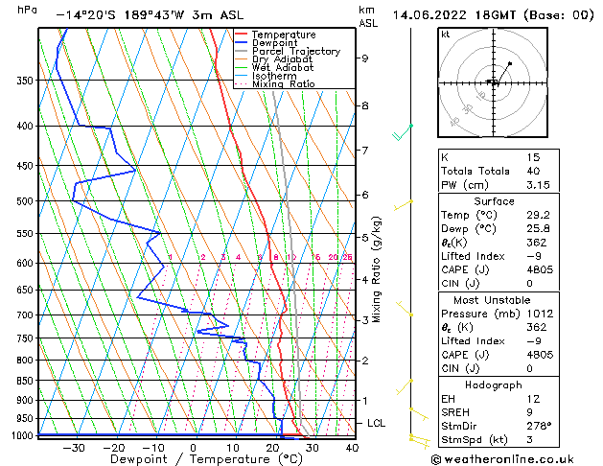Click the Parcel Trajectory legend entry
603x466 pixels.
tap(295, 51)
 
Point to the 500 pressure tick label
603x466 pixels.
tap(25, 201)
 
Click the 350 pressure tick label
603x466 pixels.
tap(25, 81)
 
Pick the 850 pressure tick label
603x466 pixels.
tap(25, 381)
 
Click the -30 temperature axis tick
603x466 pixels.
tap(74, 447)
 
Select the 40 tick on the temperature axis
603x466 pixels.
tap(352, 447)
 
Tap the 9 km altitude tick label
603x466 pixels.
tap(364, 58)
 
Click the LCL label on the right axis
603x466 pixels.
tap(377, 423)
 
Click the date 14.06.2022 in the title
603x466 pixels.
tap(429, 15)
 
